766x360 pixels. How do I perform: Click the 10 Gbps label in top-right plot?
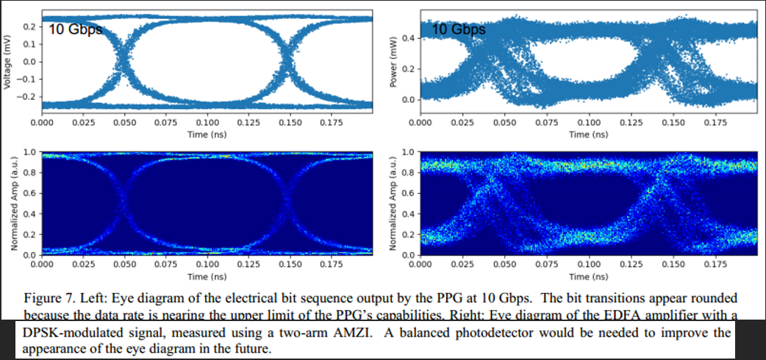[459, 30]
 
